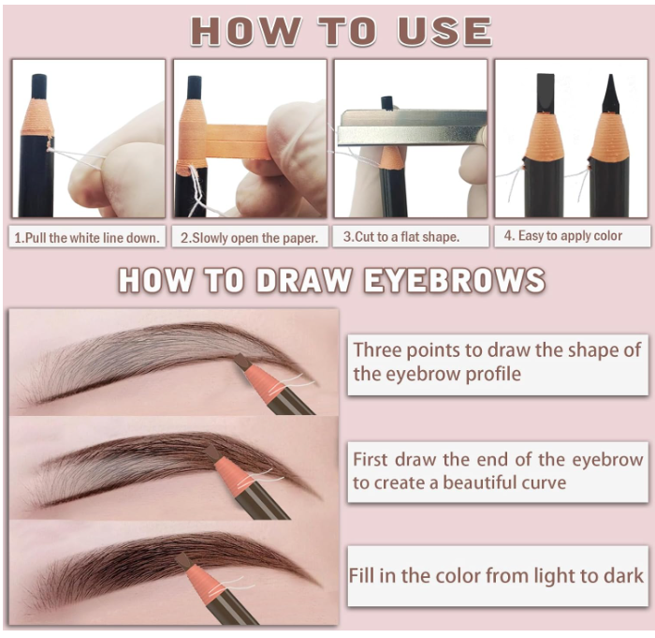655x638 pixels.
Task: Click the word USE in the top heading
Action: tap(444, 31)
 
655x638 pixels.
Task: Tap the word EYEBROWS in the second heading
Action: tap(455, 280)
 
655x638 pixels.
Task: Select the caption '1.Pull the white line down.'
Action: tap(87, 238)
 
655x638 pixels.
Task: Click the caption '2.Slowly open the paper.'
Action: tap(249, 238)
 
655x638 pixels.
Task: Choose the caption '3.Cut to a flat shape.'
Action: tap(401, 237)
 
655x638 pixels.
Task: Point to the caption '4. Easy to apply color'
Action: tap(562, 235)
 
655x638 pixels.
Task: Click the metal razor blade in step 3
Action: tap(412, 127)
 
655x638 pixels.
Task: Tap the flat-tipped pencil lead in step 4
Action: tap(546, 93)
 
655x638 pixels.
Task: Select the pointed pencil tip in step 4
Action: tap(611, 94)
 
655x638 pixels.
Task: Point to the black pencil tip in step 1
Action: tap(39, 86)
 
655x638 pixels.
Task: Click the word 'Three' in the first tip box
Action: tap(377, 350)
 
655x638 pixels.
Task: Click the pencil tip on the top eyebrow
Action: tap(242, 361)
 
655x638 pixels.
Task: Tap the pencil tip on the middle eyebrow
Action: tap(211, 453)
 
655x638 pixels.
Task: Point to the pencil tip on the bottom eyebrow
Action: tap(183, 560)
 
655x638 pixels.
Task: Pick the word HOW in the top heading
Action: tap(245, 31)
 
